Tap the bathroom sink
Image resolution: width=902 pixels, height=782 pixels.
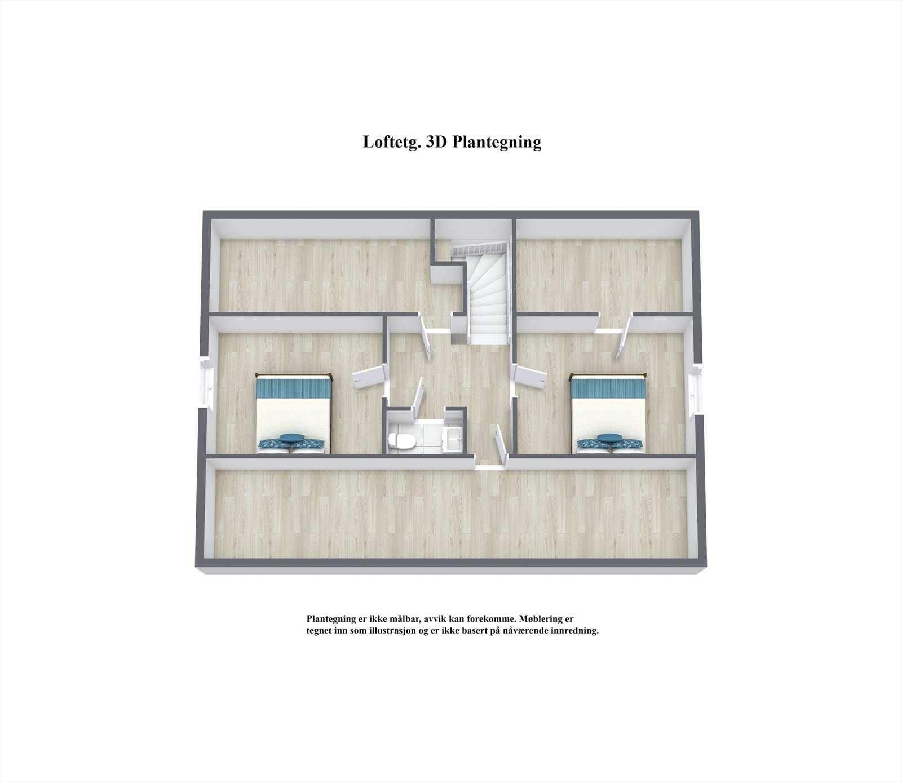[453, 439]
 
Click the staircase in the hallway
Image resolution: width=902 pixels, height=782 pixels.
[486, 293]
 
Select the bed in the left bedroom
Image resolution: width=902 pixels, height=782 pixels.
[293, 414]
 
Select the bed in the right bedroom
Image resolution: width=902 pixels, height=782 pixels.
[609, 414]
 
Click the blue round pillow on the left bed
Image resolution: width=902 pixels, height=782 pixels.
[291, 438]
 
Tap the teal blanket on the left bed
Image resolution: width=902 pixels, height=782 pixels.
[293, 387]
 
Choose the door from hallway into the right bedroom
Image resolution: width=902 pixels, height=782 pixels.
[531, 375]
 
